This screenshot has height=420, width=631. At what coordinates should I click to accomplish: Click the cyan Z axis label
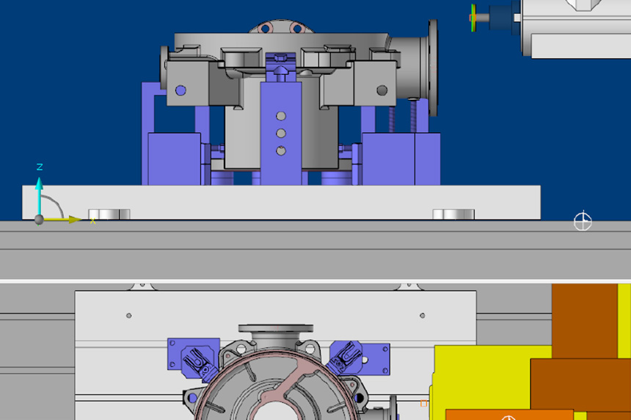pos(40,167)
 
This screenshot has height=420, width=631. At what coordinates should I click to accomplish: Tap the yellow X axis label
pos(93,221)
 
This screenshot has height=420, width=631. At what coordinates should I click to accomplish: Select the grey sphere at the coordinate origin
pos(39,220)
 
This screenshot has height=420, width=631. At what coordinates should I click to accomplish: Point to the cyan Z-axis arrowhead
pos(39,184)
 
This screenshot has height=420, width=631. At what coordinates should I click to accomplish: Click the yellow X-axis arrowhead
pos(75,220)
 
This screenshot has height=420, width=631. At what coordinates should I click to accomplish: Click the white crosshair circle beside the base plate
pos(583,221)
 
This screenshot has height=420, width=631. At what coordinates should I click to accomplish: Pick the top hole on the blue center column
pos(281,116)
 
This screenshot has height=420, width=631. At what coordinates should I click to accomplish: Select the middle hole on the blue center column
pos(281,134)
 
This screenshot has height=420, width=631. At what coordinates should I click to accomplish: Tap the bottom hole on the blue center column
pos(281,151)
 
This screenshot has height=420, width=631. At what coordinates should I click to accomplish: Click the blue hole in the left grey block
pos(180,90)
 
